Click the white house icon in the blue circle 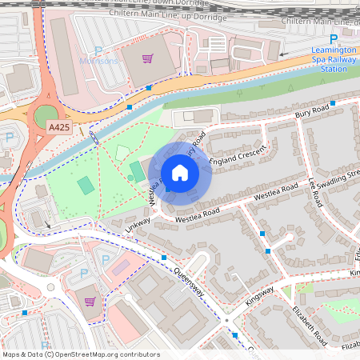click(x=180, y=173)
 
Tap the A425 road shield click(x=58, y=127)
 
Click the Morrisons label click(x=98, y=60)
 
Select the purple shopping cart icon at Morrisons click(x=147, y=58)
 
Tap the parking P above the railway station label click(x=334, y=39)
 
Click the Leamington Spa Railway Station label click(x=334, y=59)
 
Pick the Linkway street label click(x=138, y=224)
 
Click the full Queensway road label click(x=192, y=282)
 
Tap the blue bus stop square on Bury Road click(x=334, y=102)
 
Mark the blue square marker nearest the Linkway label click(x=163, y=258)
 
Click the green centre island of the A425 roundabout click(x=46, y=117)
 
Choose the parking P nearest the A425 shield click(x=10, y=138)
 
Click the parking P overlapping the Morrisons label click(x=98, y=51)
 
